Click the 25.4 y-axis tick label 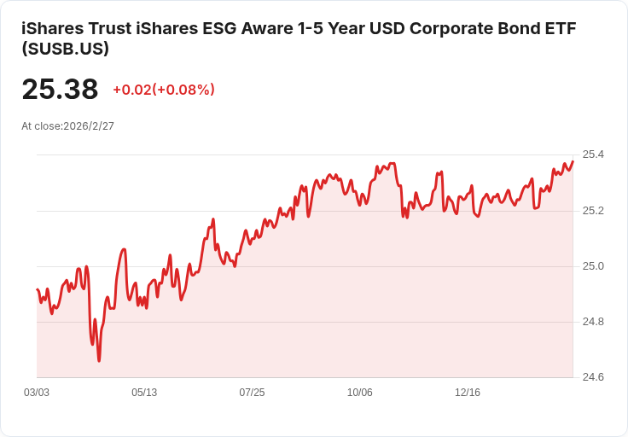click(592, 154)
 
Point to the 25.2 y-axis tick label click(592, 210)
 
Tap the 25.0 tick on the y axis click(592, 266)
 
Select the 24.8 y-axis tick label click(592, 322)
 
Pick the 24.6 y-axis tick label click(592, 377)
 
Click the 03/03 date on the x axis click(37, 393)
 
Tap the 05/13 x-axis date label click(144, 393)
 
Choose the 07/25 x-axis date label click(252, 393)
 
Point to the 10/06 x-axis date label click(359, 393)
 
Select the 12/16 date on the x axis click(468, 393)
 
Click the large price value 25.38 click(60, 90)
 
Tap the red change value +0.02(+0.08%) click(164, 90)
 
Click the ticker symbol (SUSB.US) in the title click(65, 50)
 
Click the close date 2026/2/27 click(89, 125)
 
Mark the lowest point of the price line click(99, 361)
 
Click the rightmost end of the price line click(573, 161)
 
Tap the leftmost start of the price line click(37, 289)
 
